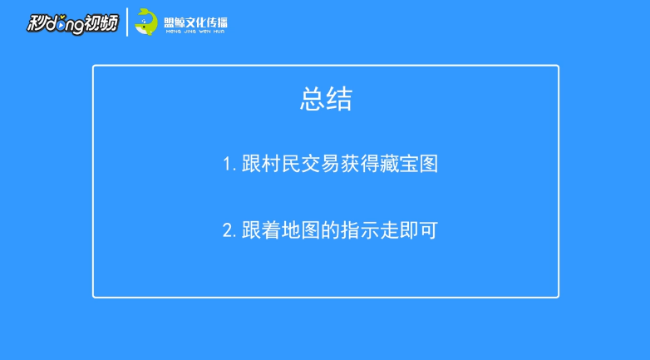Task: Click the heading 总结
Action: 326,99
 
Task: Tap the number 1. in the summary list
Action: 229,165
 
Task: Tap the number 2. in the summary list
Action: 229,230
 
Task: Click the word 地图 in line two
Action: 301,230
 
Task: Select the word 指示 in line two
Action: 360,230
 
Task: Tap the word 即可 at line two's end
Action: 419,230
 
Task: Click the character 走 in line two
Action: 389,230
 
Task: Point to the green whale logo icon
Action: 146,22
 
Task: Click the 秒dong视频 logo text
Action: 73,23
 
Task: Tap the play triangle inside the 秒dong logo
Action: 61,26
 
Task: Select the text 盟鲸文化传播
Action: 195,22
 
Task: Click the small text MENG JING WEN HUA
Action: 195,32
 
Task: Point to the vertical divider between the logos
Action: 127,22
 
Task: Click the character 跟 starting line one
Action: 252,164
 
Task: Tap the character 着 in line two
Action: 272,230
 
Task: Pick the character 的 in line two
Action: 330,230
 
